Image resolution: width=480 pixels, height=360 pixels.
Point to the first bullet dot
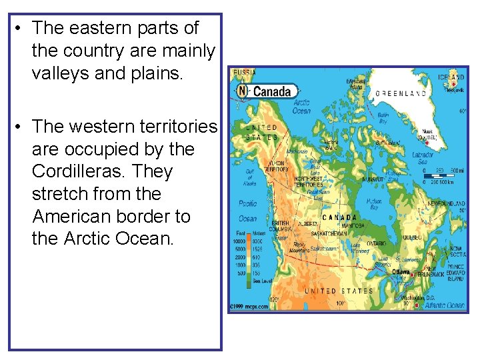[x=19, y=29]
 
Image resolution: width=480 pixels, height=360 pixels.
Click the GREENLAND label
[x=401, y=94]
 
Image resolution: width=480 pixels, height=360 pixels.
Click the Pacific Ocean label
[x=247, y=210]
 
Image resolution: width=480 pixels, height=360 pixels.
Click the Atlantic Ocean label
[x=445, y=305]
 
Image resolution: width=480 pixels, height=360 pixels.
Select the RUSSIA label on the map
[x=243, y=71]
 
